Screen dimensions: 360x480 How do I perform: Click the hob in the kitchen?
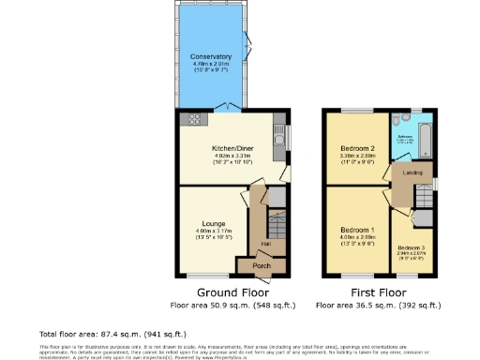(196, 119)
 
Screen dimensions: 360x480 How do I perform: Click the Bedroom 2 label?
(357, 149)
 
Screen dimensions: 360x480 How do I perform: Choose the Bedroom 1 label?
(357, 230)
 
